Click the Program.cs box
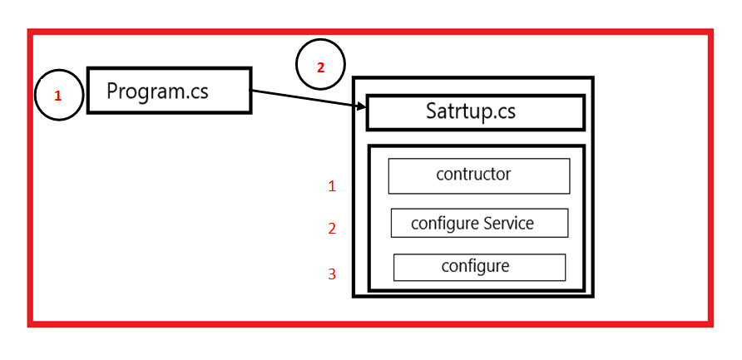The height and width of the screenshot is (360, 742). [169, 91]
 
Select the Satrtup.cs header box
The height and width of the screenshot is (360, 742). [475, 113]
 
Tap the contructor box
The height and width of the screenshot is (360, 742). [478, 176]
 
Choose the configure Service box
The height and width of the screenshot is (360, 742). [479, 224]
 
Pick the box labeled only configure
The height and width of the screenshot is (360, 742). [479, 267]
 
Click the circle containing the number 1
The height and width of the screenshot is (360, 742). [58, 96]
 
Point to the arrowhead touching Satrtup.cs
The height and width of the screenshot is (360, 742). [361, 106]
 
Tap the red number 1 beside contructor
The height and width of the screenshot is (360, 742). [332, 186]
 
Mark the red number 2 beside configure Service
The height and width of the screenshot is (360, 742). [332, 229]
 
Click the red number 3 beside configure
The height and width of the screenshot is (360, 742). [332, 274]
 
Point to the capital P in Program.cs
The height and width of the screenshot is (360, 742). [113, 91]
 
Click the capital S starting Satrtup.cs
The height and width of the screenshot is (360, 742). [433, 112]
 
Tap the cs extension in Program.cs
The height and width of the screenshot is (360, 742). [198, 91]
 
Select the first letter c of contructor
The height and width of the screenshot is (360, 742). [440, 175]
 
